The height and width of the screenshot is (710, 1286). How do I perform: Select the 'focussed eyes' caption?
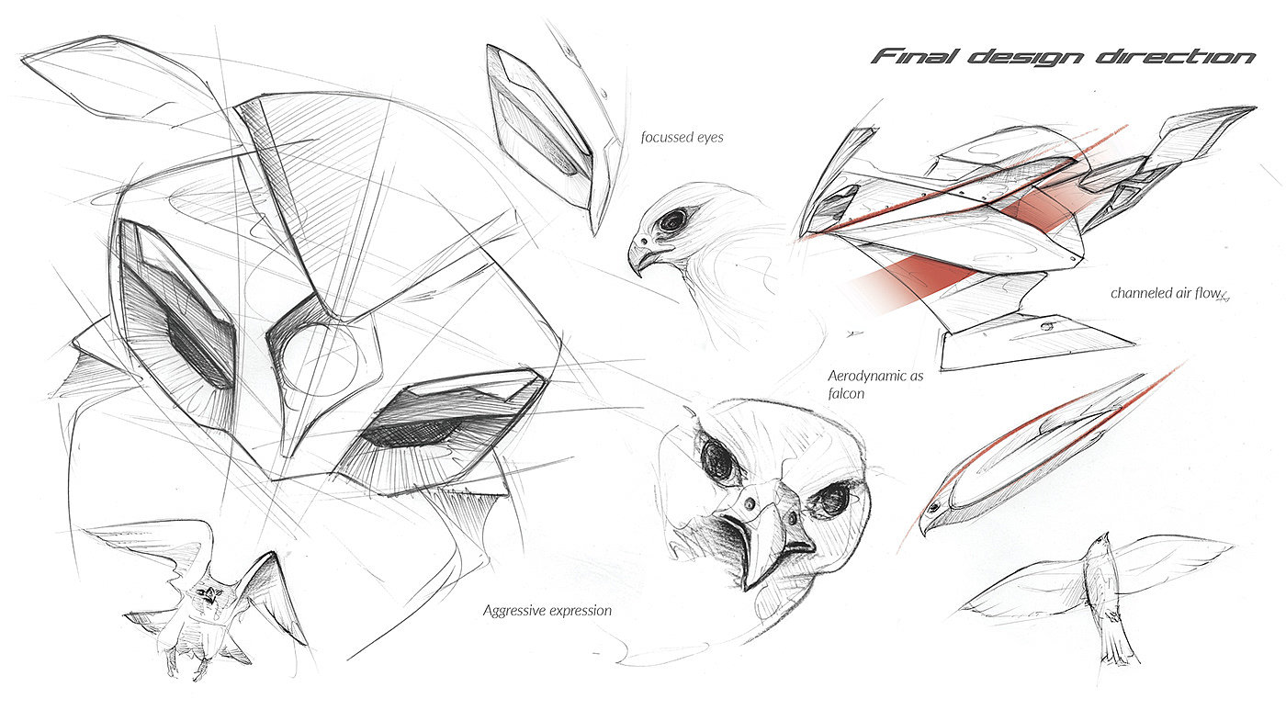tap(682, 138)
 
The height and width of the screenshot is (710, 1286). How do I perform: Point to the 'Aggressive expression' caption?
tap(547, 610)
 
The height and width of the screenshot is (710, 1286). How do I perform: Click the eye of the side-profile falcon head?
tap(673, 220)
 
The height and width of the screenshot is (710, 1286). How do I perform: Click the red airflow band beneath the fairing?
tap(919, 276)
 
